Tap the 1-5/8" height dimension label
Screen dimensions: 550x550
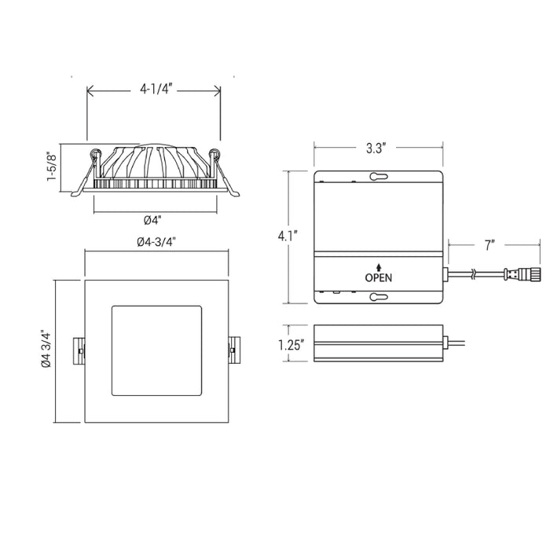(x=52, y=167)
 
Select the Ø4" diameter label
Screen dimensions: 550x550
(x=152, y=220)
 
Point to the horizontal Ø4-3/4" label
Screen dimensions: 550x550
(x=156, y=242)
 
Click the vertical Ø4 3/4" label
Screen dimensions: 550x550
(x=46, y=349)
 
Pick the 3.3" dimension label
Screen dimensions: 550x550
(x=376, y=148)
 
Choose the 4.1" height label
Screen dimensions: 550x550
(x=288, y=236)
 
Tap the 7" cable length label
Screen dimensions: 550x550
(x=489, y=245)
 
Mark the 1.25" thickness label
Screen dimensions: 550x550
(x=291, y=345)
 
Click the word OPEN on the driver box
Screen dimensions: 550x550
(x=379, y=278)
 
